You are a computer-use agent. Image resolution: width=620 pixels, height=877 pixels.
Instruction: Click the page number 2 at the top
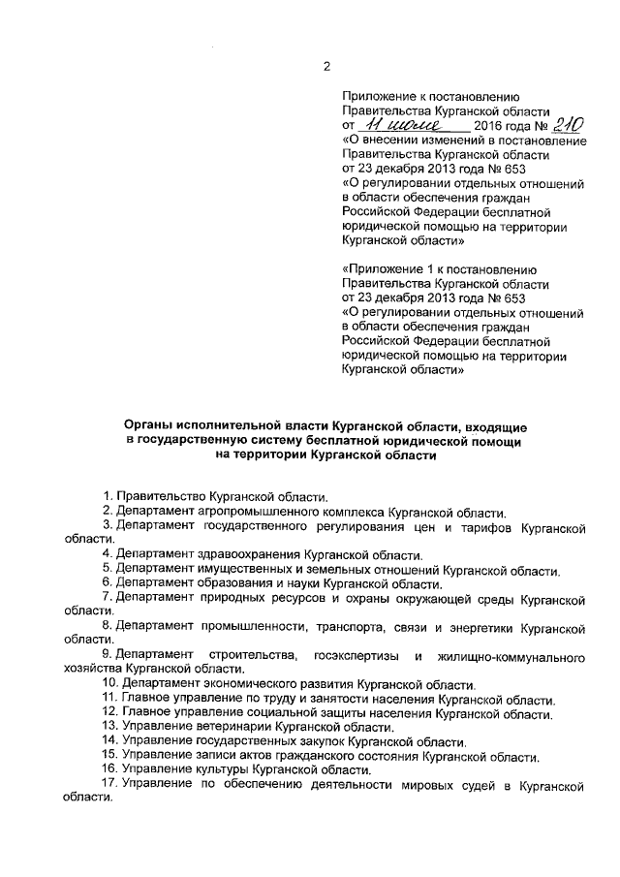(x=327, y=66)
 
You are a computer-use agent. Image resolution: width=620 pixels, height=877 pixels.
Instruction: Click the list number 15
(x=108, y=756)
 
